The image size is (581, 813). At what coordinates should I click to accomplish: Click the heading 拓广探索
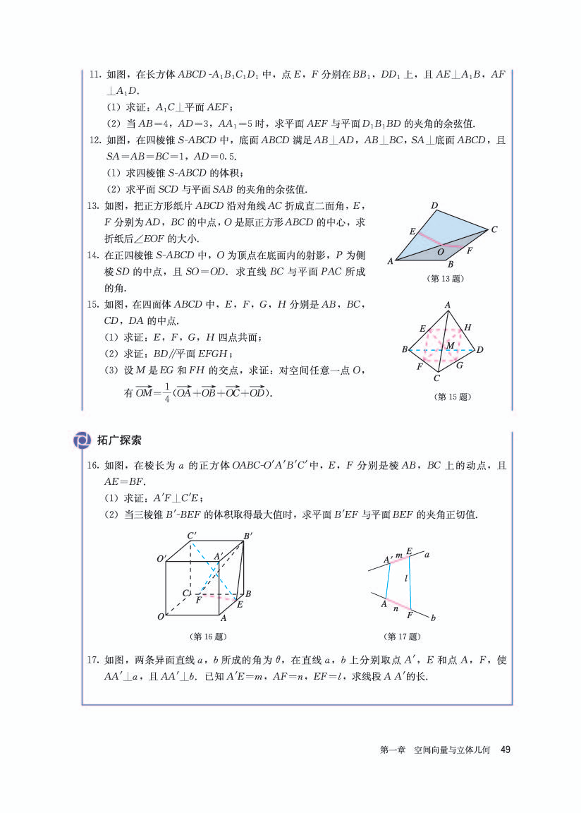(x=120, y=440)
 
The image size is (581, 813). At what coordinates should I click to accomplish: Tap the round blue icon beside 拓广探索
(x=83, y=440)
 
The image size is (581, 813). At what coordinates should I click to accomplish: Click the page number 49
(x=505, y=750)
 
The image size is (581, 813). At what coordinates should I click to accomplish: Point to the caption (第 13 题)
(x=446, y=279)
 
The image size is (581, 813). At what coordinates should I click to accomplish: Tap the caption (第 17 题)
(x=402, y=637)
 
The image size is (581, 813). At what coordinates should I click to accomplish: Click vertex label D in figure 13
(x=435, y=206)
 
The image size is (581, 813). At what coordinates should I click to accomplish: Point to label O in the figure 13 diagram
(x=441, y=251)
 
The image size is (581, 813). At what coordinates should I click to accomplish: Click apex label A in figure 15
(x=447, y=305)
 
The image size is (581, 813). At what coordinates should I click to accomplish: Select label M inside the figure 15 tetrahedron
(x=450, y=345)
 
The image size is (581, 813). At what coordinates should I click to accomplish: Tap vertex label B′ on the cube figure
(x=247, y=536)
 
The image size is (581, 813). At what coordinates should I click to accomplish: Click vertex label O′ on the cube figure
(x=161, y=560)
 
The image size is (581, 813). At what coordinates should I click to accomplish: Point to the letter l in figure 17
(x=407, y=578)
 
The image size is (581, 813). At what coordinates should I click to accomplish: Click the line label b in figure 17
(x=433, y=618)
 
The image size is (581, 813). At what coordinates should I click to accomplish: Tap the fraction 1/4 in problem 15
(x=167, y=394)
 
